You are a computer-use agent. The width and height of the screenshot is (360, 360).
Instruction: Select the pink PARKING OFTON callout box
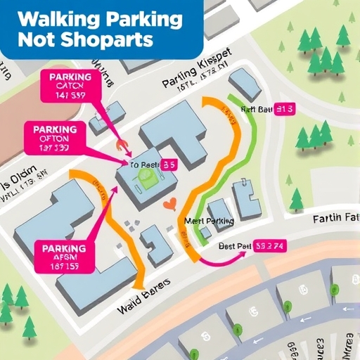pos(56,139)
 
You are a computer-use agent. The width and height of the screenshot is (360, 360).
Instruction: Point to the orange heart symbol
pos(168,205)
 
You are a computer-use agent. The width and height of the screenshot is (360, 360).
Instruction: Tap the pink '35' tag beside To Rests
pos(168,165)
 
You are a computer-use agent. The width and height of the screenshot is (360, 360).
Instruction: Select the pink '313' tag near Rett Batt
pos(286,109)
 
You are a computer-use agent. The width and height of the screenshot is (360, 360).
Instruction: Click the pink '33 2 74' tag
pos(270,247)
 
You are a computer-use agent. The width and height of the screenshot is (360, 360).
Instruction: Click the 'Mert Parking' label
pos(209,221)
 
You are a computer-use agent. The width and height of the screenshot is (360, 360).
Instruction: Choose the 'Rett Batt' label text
pos(257,109)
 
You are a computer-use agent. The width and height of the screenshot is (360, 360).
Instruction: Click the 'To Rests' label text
pos(144,165)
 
